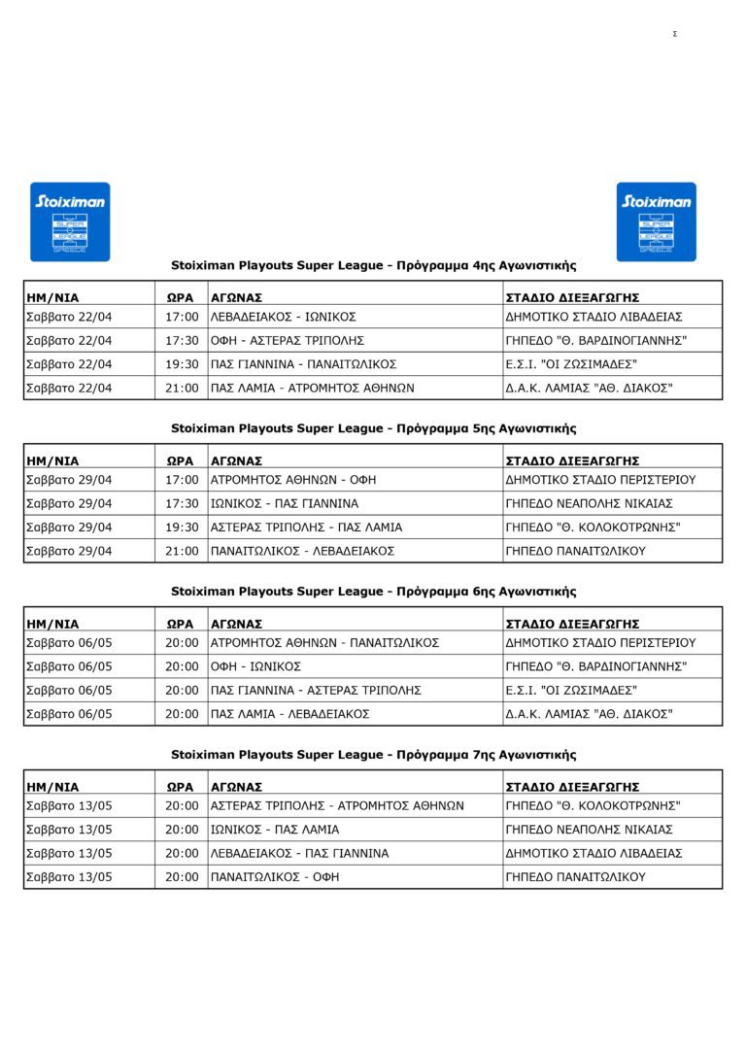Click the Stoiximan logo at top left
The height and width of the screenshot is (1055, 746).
click(70, 221)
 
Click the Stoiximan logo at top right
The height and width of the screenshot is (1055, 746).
click(657, 221)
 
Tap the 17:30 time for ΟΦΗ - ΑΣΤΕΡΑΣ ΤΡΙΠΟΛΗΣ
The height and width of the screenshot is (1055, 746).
click(182, 341)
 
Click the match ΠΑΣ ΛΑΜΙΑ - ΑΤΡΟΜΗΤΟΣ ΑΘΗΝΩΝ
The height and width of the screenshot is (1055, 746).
click(313, 388)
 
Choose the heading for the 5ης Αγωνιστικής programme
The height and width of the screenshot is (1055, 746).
click(374, 428)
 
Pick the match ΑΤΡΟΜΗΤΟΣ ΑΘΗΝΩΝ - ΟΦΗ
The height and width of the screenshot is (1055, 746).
click(293, 480)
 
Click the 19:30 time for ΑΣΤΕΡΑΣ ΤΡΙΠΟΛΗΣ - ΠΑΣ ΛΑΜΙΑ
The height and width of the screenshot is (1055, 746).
click(182, 527)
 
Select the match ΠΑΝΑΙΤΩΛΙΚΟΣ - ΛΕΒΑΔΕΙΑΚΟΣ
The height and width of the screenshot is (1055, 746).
click(302, 551)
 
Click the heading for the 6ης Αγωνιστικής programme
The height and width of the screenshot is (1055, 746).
click(374, 592)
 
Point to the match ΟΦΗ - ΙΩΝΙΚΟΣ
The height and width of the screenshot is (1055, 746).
click(256, 666)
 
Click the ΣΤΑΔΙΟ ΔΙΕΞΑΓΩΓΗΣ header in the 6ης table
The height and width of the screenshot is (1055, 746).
click(572, 624)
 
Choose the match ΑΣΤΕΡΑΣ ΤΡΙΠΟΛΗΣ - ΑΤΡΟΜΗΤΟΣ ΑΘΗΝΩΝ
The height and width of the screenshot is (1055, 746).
click(337, 806)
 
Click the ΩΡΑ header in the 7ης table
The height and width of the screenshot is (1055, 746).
click(181, 787)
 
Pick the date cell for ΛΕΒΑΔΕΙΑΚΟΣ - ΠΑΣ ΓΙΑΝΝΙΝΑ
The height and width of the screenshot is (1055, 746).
click(69, 854)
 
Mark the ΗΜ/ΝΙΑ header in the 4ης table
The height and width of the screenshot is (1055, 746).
click(52, 297)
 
